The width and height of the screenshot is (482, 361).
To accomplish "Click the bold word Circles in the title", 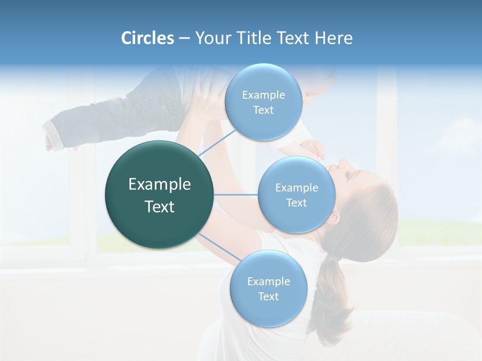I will [x=147, y=38].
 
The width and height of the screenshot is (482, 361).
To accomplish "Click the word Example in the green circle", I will [x=160, y=185].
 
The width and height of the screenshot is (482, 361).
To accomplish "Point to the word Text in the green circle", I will [x=160, y=207].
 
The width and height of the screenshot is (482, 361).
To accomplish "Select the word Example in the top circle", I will [x=264, y=95].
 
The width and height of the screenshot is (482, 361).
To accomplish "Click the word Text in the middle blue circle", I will [x=296, y=203].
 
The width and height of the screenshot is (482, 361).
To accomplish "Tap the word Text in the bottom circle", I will [x=268, y=296].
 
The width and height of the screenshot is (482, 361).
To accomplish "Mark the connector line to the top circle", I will [x=217, y=142].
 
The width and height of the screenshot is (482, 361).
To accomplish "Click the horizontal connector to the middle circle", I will [x=236, y=195].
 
